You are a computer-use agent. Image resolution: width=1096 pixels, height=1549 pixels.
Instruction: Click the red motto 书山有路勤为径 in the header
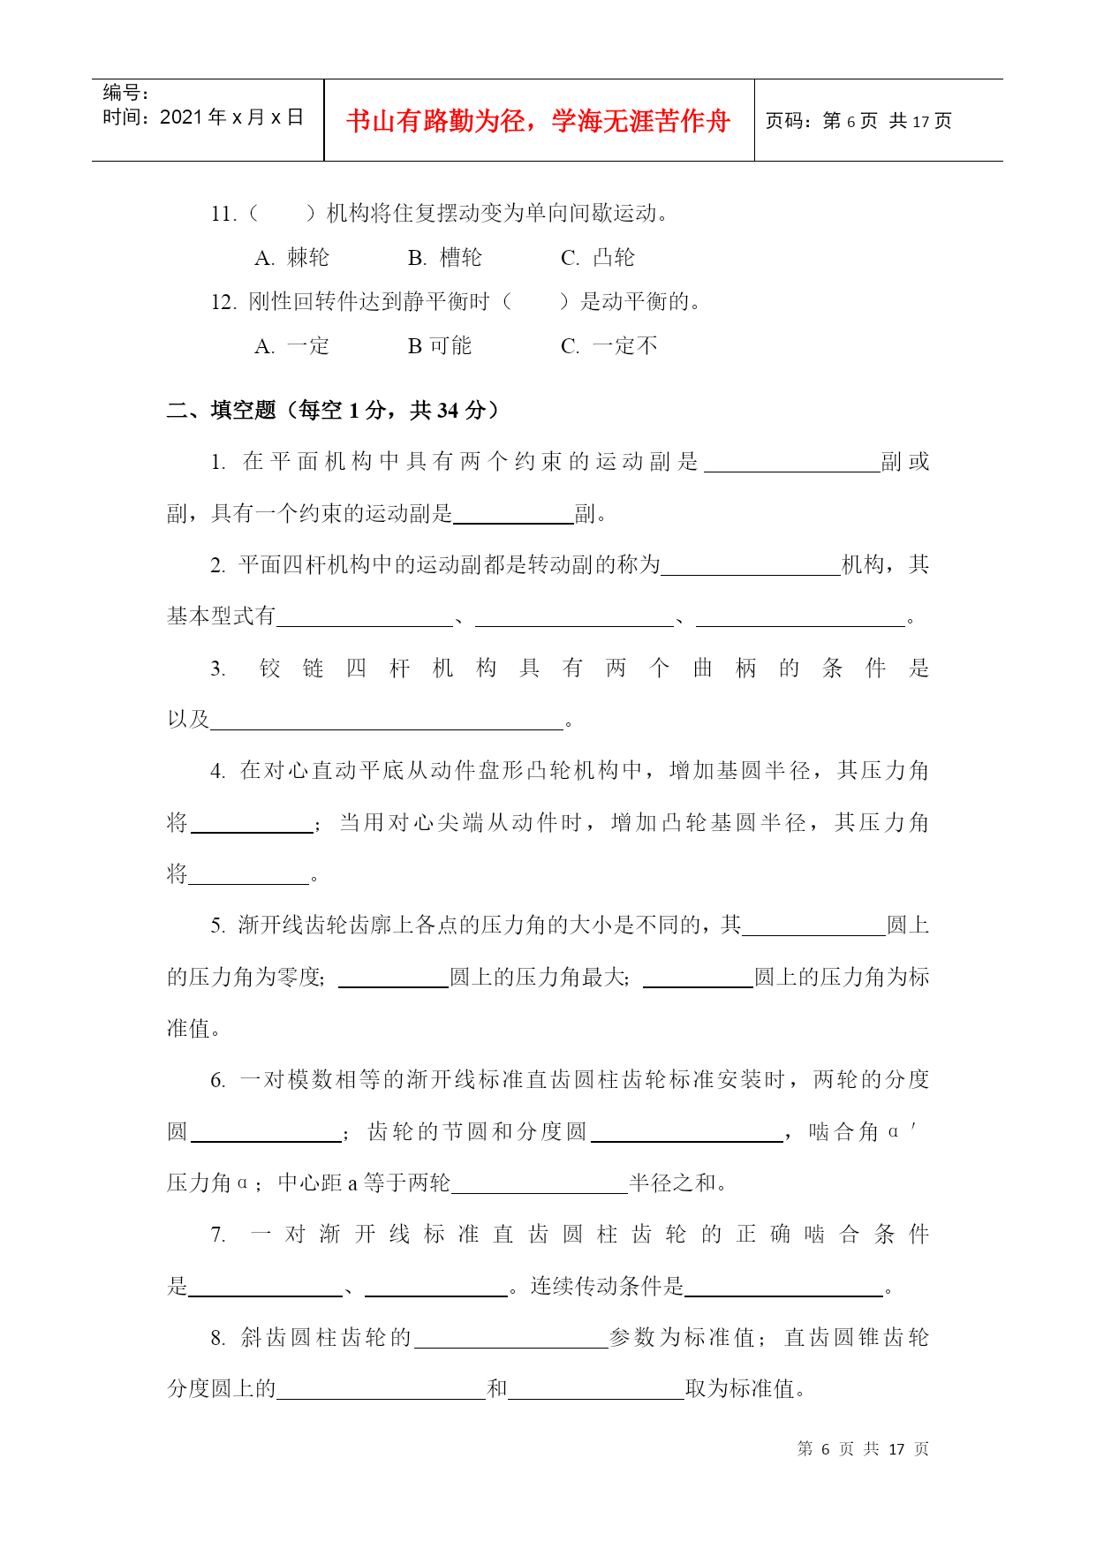538,121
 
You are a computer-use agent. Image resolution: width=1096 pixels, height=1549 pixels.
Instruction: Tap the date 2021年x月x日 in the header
203,117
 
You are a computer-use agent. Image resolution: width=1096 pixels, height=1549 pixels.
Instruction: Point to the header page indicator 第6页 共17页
858,121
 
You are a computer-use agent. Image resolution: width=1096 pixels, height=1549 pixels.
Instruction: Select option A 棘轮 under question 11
292,258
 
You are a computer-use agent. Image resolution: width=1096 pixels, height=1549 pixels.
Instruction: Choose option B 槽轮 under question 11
445,258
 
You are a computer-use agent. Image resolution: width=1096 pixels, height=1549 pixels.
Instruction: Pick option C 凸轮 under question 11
598,258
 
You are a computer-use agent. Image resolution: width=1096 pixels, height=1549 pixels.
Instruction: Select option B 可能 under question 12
440,346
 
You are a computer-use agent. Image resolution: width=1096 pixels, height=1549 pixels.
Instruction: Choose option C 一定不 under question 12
609,346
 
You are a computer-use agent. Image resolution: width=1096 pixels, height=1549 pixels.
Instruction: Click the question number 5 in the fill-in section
217,926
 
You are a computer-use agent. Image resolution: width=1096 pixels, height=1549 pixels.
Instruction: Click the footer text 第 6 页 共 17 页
863,1449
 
